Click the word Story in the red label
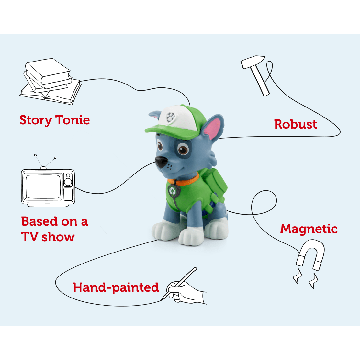tap(36, 120)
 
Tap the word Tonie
tap(73, 120)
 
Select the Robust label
tap(295, 124)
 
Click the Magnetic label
tap(309, 229)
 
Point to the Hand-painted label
tap(116, 287)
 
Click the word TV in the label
tap(29, 237)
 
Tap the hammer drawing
tap(257, 74)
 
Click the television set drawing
tap(48, 186)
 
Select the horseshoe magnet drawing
tap(310, 256)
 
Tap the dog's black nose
tap(161, 162)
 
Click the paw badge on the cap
tap(170, 117)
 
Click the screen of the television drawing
tap(44, 187)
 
